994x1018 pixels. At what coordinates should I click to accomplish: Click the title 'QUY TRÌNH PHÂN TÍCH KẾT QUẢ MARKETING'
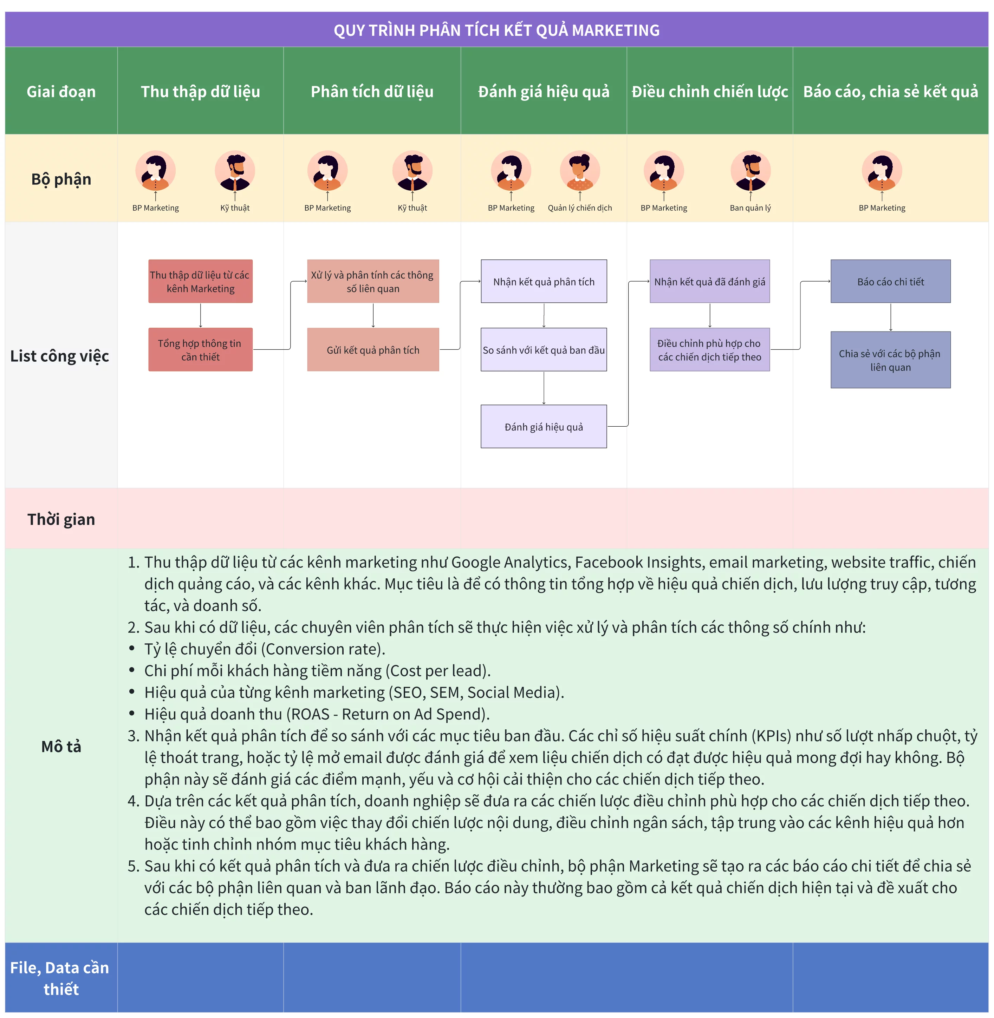pos(496,30)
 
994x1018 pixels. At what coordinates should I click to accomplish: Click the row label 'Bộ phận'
pos(61,179)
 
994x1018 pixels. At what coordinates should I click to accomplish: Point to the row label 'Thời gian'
pos(61,519)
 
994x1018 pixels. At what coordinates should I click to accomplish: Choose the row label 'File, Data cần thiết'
pos(60,978)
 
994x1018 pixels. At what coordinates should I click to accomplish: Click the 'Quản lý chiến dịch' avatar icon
pos(580,171)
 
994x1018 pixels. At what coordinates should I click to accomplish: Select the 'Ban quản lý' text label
pos(750,208)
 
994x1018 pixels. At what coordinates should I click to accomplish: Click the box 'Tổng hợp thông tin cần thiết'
pos(201,350)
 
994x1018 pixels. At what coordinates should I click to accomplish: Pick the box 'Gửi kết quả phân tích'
pos(373,350)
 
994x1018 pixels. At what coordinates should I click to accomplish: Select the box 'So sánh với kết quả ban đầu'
pos(544,350)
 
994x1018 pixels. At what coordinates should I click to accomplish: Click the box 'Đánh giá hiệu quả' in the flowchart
pos(544,426)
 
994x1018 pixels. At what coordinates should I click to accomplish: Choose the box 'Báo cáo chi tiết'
pos(891,281)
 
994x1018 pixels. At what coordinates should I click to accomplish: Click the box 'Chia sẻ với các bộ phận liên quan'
pos(891,360)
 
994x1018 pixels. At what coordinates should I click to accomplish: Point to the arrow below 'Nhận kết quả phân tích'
pos(544,315)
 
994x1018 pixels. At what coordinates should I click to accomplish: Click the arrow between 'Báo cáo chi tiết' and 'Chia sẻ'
pos(891,317)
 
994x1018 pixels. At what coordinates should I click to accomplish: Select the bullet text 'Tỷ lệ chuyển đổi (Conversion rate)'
pos(265,649)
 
